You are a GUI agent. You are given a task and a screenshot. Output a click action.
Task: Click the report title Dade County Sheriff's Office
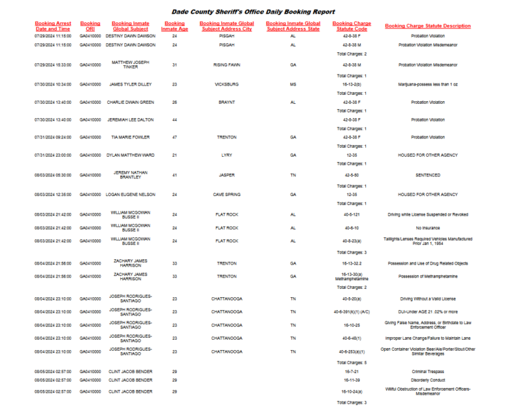[252, 12]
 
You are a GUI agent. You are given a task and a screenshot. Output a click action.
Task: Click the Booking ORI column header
[90, 26]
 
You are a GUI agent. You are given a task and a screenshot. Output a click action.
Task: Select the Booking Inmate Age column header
[174, 26]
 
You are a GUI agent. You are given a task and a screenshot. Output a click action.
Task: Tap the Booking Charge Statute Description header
[428, 26]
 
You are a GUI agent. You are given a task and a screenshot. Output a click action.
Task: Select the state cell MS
[293, 85]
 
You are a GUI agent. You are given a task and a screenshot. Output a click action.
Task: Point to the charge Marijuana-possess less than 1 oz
[428, 85]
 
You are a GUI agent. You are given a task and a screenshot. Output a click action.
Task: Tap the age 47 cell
[174, 137]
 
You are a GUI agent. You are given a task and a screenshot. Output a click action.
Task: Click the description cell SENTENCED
[428, 175]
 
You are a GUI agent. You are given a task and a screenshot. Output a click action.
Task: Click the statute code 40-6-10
[352, 228]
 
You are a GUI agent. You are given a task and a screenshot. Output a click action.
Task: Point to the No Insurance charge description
[428, 228]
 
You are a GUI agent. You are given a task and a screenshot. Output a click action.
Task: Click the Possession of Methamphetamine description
[428, 277]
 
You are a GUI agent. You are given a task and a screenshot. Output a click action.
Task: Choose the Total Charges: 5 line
[352, 363]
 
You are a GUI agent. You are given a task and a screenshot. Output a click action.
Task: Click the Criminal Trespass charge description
[428, 372]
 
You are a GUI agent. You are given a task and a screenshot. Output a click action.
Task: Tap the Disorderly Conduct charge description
[428, 380]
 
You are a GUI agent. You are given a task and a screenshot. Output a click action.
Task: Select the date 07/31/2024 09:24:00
[53, 137]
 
